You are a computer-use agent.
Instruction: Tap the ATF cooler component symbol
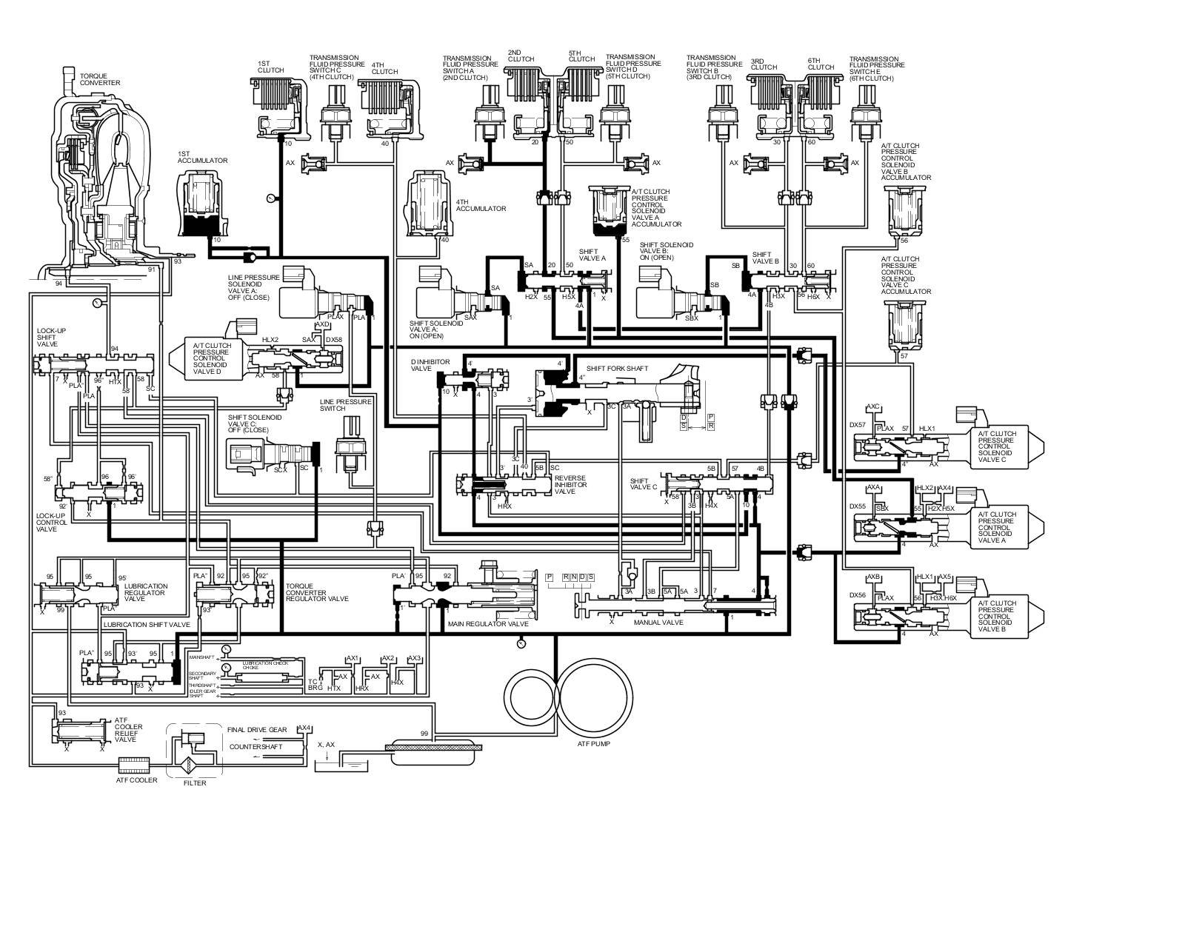(134, 763)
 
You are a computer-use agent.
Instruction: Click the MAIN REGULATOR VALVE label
(488, 624)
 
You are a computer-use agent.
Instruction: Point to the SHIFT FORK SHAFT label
(617, 368)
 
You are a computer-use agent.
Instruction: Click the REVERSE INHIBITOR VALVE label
(570, 484)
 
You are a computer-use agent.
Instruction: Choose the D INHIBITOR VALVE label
(421, 365)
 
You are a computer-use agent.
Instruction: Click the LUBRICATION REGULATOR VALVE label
(146, 592)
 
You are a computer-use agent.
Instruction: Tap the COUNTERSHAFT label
(256, 746)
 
